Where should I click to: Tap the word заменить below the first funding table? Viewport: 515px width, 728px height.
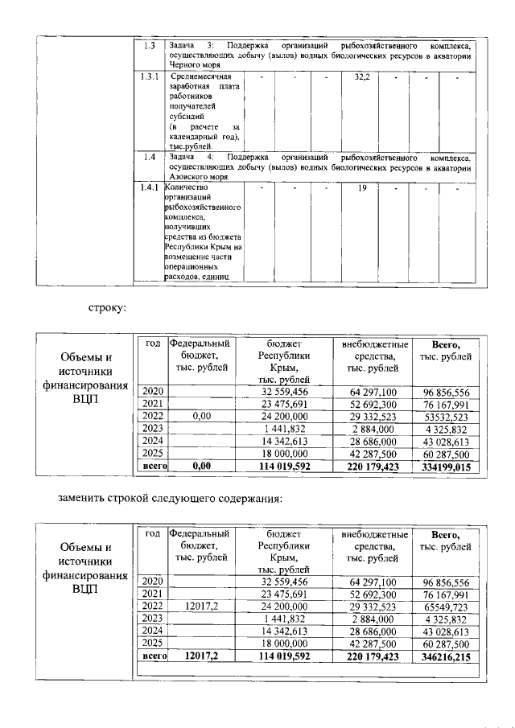tap(86, 499)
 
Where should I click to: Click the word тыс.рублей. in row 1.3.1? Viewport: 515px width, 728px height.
tap(190, 146)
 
